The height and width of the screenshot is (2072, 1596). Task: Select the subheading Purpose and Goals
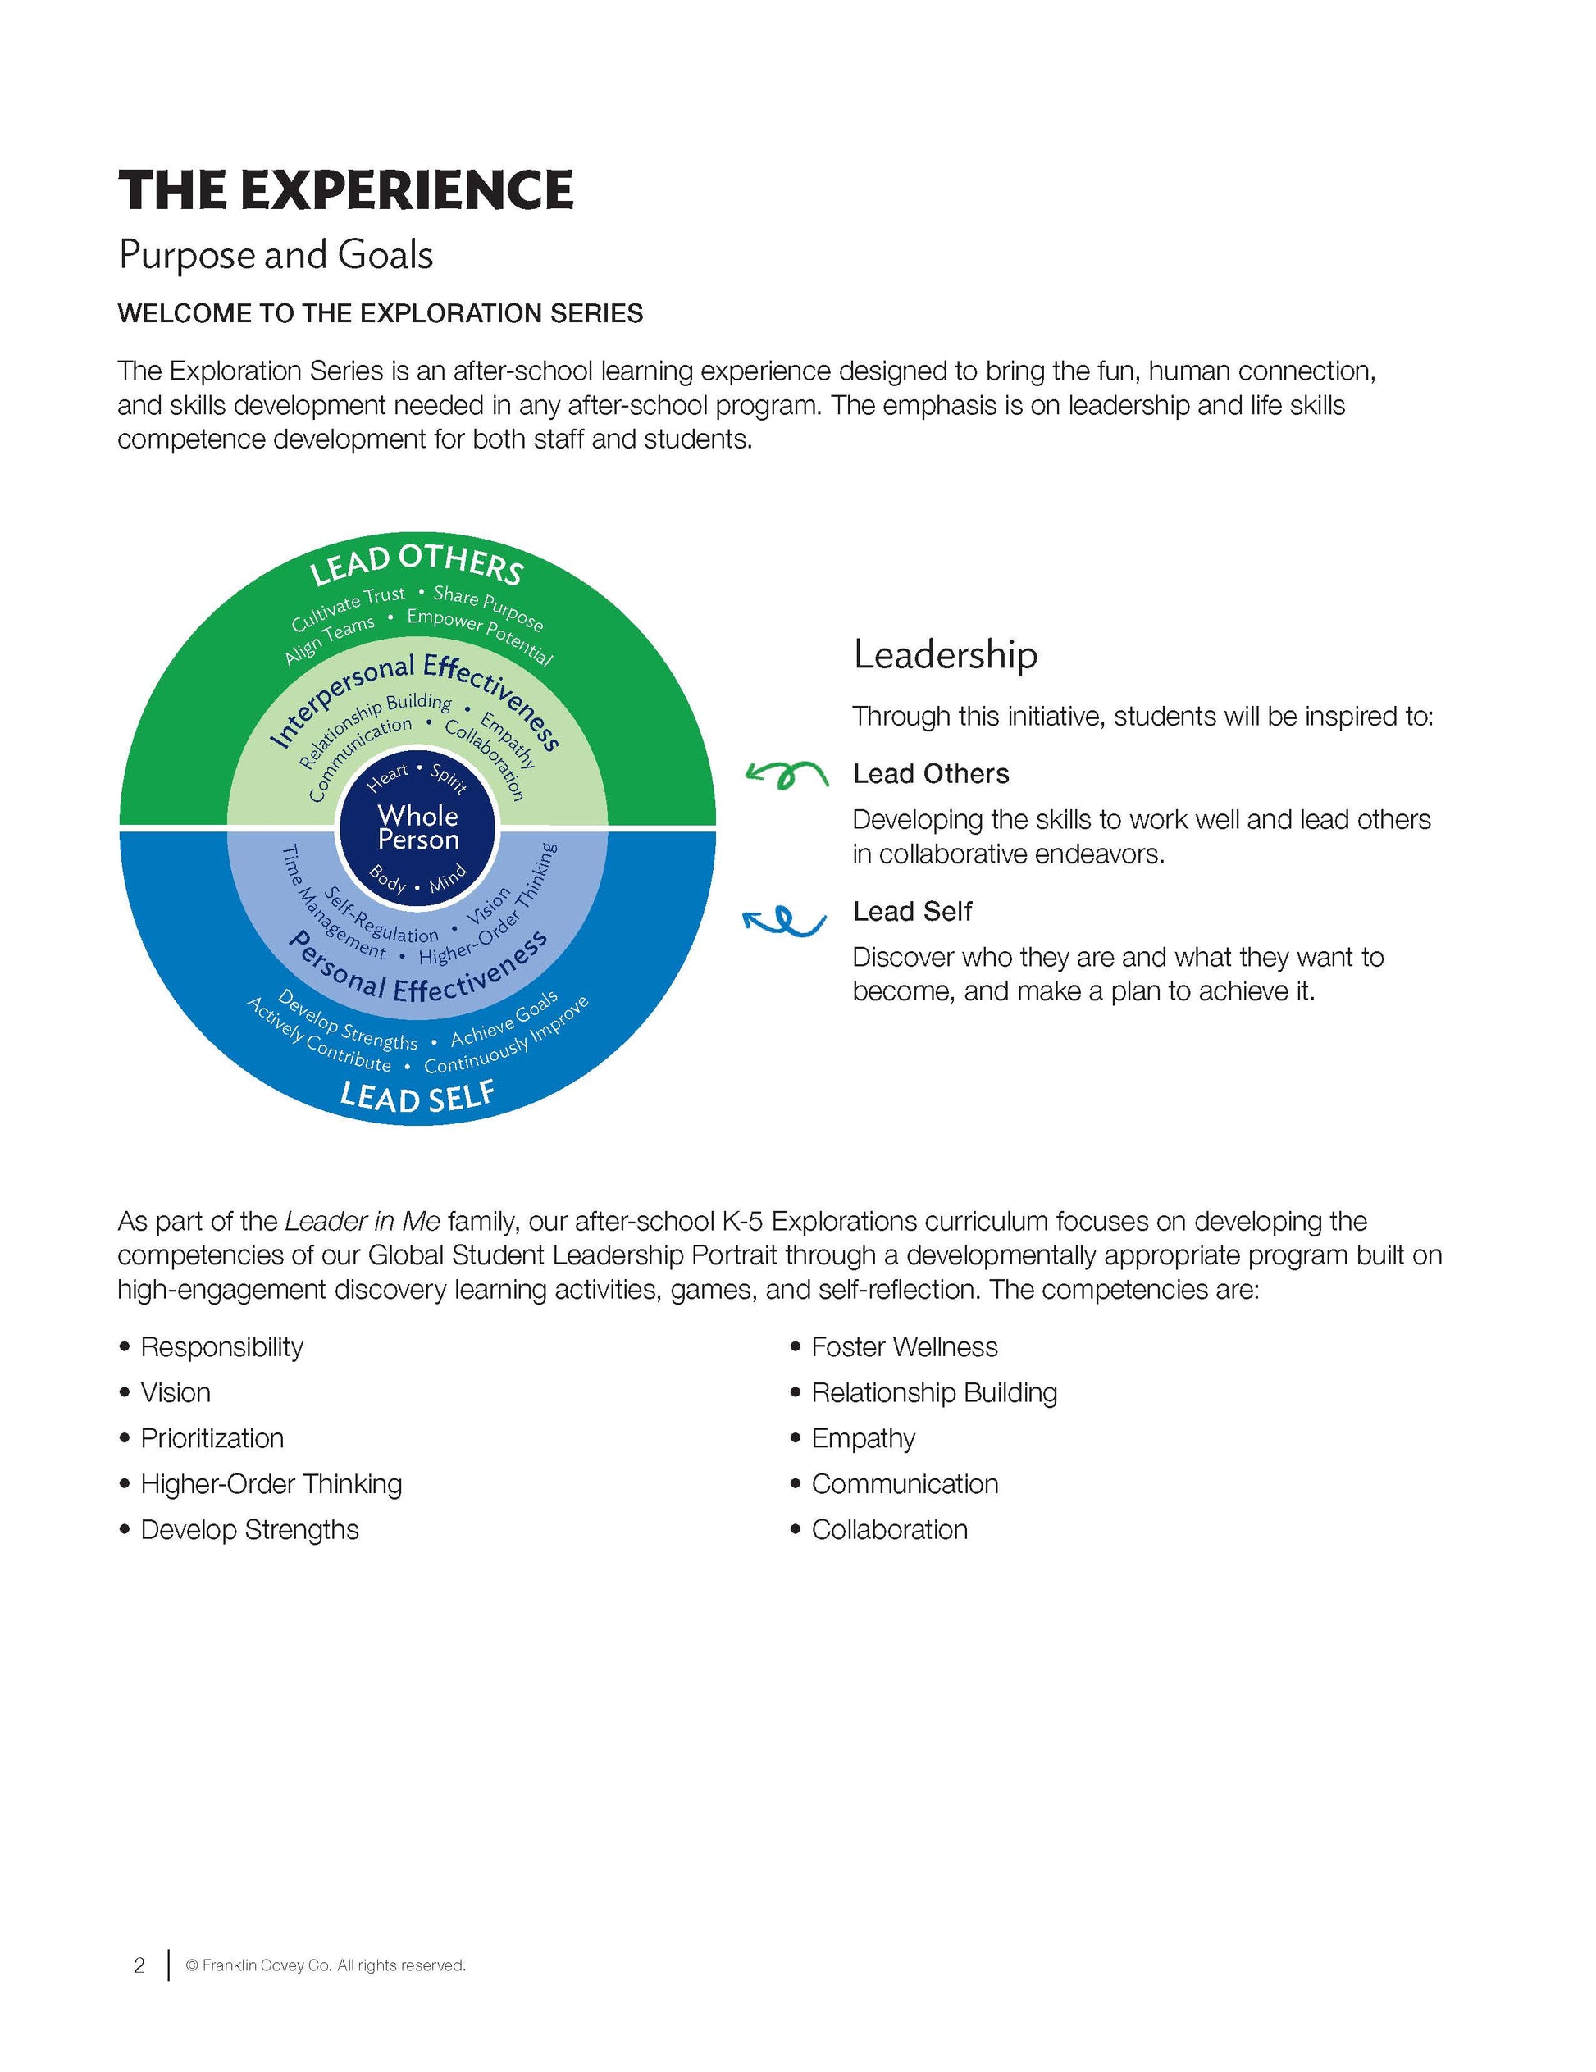click(276, 255)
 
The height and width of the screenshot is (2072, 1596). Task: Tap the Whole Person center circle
click(417, 827)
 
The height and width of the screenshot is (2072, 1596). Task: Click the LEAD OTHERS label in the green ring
click(417, 562)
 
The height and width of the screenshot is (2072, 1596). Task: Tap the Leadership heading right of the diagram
click(945, 654)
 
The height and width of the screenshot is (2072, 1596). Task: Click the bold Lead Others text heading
click(930, 774)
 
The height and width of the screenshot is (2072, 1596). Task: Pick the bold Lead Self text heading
click(912, 912)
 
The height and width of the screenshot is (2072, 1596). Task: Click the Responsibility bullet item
click(221, 1347)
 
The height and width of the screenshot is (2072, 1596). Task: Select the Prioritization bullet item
click(212, 1438)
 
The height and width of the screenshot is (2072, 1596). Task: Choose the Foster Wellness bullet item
click(903, 1347)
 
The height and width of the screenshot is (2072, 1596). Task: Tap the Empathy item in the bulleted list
click(863, 1438)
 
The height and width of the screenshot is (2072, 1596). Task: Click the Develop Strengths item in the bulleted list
click(249, 1529)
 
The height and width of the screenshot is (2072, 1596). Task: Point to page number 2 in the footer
click(139, 1965)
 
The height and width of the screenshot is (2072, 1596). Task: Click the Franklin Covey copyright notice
click(325, 1965)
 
